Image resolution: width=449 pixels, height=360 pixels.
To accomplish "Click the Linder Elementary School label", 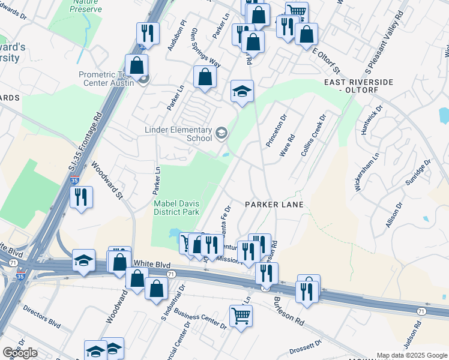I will click(178, 134).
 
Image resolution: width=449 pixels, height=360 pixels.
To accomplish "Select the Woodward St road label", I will click(107, 179).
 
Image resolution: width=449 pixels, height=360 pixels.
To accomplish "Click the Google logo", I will click(20, 352).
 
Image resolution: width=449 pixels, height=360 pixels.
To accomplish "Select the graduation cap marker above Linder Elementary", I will click(243, 91).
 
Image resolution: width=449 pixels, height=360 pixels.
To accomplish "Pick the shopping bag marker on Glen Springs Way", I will click(205, 77).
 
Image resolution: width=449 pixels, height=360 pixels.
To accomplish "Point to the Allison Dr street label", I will click(396, 212).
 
